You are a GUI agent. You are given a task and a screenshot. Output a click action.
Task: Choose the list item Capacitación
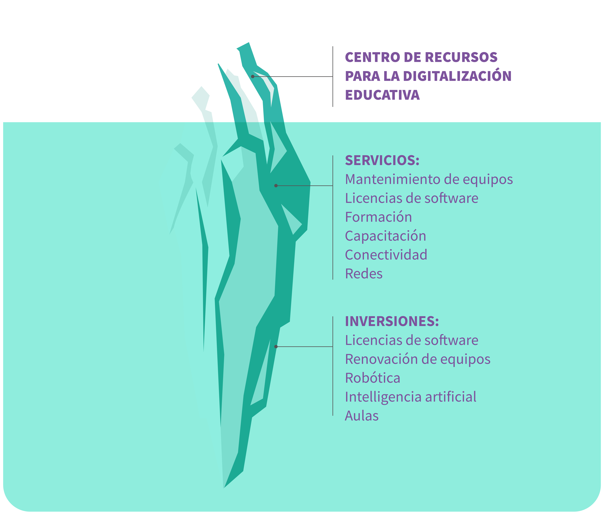pyautogui.click(x=385, y=236)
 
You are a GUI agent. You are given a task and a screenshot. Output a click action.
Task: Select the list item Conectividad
pyautogui.click(x=386, y=255)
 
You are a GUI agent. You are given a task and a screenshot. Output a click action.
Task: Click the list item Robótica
pyautogui.click(x=373, y=378)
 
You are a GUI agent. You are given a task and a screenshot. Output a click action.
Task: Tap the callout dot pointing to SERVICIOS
pyautogui.click(x=276, y=186)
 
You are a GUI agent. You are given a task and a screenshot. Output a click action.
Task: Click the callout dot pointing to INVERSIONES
pyautogui.click(x=276, y=347)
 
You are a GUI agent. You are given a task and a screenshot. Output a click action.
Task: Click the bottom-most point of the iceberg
pyautogui.click(x=224, y=488)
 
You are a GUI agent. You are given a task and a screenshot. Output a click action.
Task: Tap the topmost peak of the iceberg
pyautogui.click(x=249, y=43)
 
